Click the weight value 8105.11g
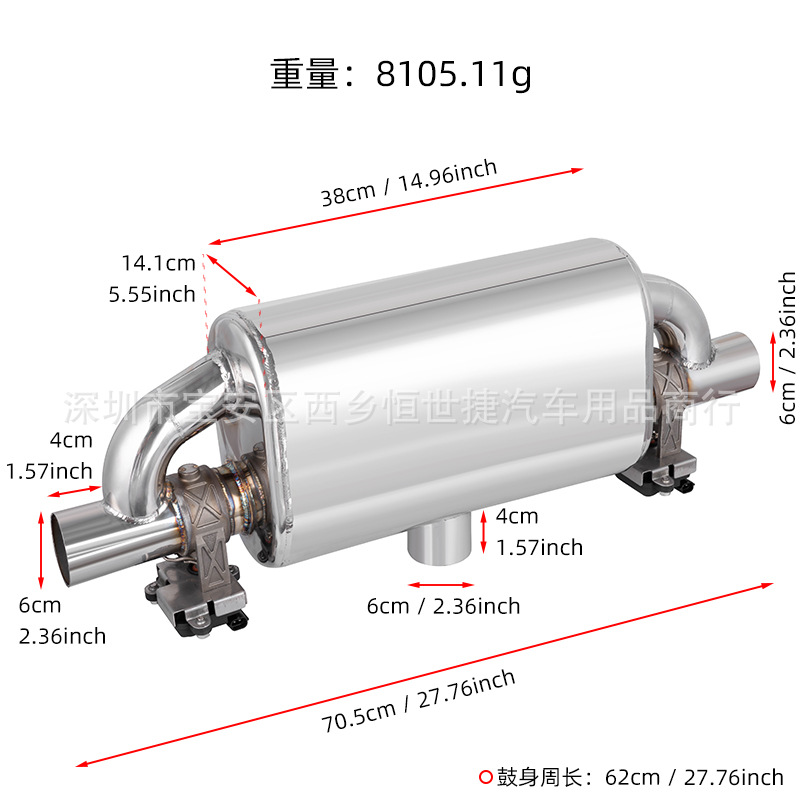point(454,74)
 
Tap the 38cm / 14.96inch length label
point(409,183)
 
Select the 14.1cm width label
point(158,263)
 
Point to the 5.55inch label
point(152,294)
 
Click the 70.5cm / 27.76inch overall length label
point(418,701)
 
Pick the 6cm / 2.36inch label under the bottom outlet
point(443,607)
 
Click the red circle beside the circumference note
point(486,778)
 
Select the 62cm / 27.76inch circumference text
point(694,778)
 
